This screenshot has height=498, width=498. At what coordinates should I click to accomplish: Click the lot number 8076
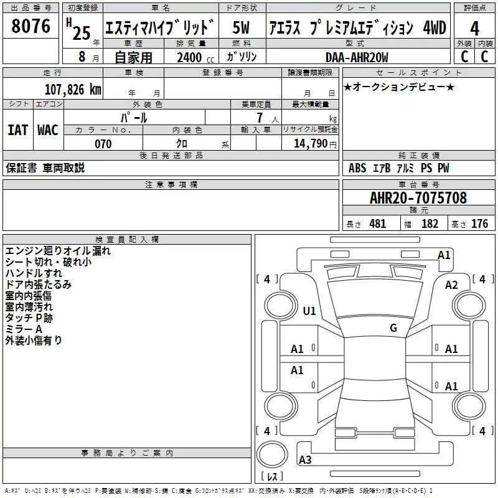[x=31, y=26]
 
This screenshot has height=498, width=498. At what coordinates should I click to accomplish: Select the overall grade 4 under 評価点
[x=474, y=28]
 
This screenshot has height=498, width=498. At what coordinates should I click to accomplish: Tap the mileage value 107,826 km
[x=73, y=90]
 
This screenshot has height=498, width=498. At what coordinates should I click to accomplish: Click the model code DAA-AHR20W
[x=357, y=57]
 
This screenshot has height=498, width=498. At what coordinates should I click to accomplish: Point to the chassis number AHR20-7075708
[x=418, y=198]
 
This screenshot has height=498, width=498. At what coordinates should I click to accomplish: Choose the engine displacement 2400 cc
[x=195, y=57]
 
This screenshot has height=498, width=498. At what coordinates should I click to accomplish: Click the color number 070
[x=103, y=144]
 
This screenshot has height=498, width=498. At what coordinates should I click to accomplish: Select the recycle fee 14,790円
[x=315, y=144]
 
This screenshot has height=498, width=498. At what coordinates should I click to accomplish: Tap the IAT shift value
[x=17, y=130]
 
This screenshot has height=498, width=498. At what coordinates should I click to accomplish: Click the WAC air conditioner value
[x=48, y=130]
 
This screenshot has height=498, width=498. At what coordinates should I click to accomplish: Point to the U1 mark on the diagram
[x=309, y=311]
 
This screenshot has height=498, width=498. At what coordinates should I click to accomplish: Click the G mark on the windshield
[x=393, y=328]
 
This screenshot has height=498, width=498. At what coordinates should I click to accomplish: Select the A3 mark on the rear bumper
[x=305, y=459]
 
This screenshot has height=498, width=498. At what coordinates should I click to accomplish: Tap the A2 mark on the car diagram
[x=451, y=285]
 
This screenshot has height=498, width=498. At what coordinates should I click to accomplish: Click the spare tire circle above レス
[x=272, y=454]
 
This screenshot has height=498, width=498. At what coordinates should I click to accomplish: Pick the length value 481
[x=378, y=223]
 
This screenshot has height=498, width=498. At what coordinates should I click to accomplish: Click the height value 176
[x=479, y=223]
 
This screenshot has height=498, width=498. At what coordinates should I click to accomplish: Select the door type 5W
[x=241, y=27]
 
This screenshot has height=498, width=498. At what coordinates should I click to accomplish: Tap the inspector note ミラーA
[x=24, y=329]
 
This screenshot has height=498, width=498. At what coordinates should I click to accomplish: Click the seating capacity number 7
[x=260, y=118]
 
